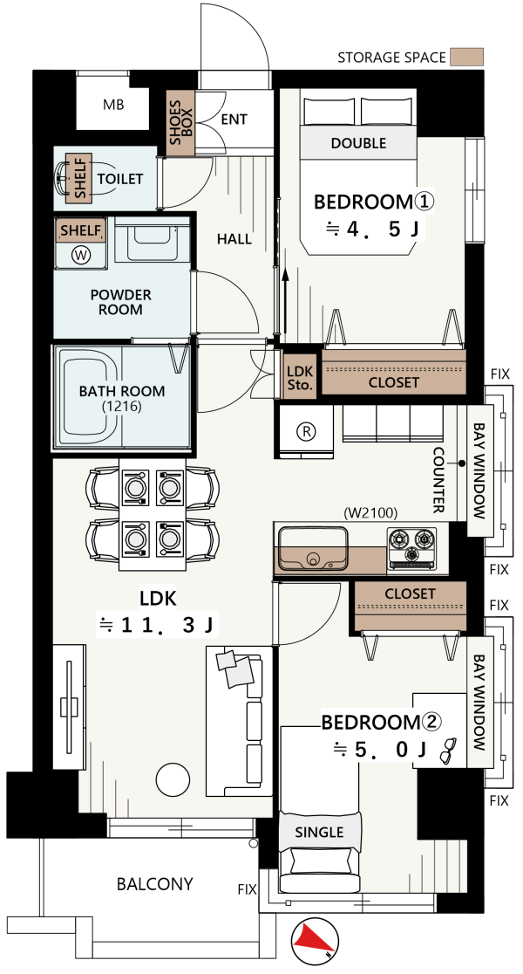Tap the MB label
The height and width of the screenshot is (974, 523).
pos(113,105)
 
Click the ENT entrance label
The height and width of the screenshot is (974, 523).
pos(234,120)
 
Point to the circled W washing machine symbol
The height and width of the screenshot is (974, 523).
pos(80,255)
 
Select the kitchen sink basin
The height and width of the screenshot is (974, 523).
pos(313,548)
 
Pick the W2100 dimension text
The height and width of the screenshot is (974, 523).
pos(370,513)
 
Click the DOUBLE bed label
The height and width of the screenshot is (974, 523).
pos(358,143)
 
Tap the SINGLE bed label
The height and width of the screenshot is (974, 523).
pos(320,833)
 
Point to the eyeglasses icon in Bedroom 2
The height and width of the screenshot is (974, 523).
pos(448,751)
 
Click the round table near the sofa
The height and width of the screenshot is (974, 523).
pos(173,779)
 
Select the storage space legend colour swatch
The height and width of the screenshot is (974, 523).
pos(466,57)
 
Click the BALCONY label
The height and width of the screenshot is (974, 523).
pos(155,884)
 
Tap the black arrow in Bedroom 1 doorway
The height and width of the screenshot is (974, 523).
pos(285,305)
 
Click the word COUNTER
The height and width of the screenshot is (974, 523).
pos(438,480)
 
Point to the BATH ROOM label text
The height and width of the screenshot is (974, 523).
pos(122,391)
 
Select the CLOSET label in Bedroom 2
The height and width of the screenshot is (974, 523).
pos(410,593)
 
